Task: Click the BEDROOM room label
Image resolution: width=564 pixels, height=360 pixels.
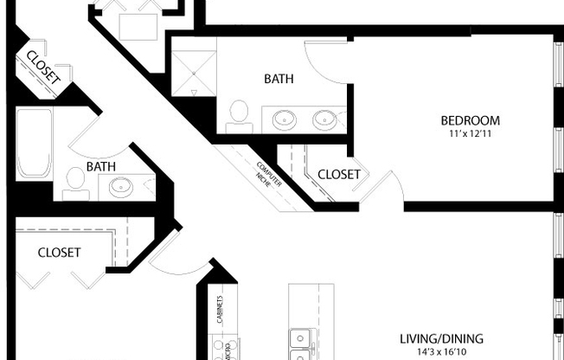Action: tap(470, 120)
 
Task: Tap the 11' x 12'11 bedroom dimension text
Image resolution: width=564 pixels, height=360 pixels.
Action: tap(470, 134)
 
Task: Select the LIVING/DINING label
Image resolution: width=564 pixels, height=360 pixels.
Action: tap(441, 338)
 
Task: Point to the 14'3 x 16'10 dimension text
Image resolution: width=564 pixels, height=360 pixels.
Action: tap(441, 352)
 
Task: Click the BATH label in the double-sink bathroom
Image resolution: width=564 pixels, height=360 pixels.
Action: tap(279, 79)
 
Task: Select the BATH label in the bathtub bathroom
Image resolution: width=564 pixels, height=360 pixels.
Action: tap(101, 166)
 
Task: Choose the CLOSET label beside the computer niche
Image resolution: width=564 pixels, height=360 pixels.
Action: tap(339, 174)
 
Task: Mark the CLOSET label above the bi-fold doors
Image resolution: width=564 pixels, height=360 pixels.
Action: tap(60, 253)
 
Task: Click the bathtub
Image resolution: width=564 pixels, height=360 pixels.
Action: tap(35, 142)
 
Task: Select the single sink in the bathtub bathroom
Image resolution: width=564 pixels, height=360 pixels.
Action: tap(120, 185)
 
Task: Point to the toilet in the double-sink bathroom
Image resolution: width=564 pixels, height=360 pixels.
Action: tap(239, 114)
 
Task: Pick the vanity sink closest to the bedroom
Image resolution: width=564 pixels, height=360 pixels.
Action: tap(325, 119)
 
